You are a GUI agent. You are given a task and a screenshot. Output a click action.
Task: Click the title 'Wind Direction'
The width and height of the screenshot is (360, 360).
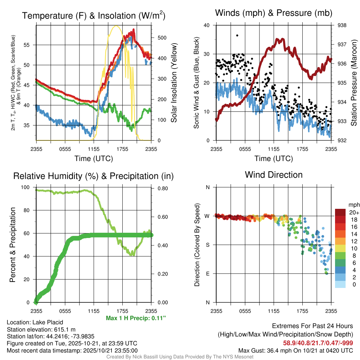point(274,175)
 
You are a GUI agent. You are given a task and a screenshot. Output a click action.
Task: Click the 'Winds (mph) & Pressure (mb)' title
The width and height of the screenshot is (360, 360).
point(274,13)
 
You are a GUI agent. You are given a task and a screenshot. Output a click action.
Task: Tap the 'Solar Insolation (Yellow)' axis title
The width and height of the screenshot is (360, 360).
point(174,83)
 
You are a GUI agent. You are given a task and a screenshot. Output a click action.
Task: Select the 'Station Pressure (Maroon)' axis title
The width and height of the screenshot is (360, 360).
point(354,83)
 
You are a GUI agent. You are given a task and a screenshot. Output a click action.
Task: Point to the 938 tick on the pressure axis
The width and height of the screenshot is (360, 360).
point(342,25)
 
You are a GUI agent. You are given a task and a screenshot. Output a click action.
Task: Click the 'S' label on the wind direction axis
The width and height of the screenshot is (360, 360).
point(208,245)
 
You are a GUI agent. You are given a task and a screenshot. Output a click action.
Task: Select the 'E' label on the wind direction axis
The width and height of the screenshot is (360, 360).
point(208,274)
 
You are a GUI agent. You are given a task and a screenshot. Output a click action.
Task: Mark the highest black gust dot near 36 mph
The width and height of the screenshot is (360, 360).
point(237,36)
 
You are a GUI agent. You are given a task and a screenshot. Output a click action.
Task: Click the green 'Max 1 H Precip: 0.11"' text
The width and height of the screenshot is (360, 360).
point(136,318)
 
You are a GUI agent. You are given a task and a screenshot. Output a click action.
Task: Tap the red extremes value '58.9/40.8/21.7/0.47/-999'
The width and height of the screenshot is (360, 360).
point(318,343)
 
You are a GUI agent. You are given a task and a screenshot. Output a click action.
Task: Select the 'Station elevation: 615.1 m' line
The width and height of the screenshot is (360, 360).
point(41,329)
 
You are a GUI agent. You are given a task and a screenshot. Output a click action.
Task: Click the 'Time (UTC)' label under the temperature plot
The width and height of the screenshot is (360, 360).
point(94,159)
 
